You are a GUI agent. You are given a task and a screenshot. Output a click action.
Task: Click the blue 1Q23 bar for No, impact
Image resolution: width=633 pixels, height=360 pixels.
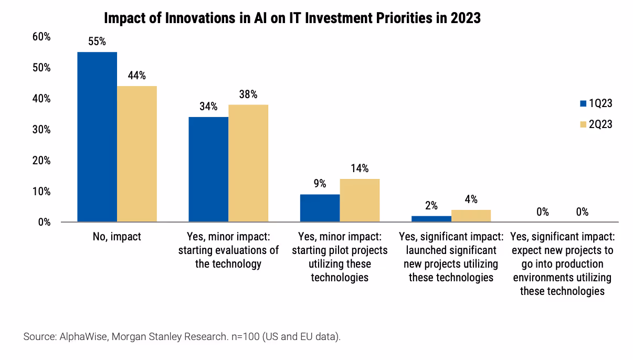coord(97,136)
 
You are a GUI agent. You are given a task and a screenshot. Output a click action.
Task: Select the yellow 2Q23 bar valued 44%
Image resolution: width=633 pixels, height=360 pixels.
coord(137,154)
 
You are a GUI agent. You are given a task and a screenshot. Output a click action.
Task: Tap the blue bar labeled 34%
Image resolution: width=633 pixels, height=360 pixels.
coord(208,169)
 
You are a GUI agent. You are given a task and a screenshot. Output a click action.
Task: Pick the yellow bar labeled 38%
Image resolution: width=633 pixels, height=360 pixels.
coord(248,163)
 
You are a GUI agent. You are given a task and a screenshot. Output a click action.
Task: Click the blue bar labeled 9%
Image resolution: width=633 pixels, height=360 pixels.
coord(320,208)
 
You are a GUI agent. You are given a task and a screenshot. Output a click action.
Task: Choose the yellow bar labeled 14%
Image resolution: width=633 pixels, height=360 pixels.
coord(360,200)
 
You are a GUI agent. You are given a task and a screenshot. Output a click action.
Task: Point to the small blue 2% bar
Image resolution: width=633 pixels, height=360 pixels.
coord(431,218)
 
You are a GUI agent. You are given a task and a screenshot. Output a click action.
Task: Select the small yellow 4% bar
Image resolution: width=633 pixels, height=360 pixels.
coord(471,216)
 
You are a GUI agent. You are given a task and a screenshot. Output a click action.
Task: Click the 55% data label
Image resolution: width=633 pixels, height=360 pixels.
coord(97,41)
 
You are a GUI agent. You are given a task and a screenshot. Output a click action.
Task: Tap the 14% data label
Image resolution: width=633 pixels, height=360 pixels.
coord(360,168)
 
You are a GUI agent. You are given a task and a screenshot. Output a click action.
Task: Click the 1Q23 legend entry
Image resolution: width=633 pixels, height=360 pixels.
coord(596,103)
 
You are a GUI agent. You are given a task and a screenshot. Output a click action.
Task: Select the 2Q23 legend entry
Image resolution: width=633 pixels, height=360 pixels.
coord(596,124)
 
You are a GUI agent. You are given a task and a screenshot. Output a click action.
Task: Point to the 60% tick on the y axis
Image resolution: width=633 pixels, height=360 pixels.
coord(41,37)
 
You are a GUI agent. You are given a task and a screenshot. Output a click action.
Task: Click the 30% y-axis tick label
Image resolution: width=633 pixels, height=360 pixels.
coord(41,130)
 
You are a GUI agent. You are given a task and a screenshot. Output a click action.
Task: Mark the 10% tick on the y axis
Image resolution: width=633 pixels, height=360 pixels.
coord(41,192)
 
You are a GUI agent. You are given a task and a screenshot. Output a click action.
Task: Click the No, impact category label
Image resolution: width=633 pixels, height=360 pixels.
coord(117,237)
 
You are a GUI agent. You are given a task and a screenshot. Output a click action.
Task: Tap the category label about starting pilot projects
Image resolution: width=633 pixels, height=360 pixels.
coord(340,257)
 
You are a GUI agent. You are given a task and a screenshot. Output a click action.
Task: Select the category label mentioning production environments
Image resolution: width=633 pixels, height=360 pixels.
coord(562,263)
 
